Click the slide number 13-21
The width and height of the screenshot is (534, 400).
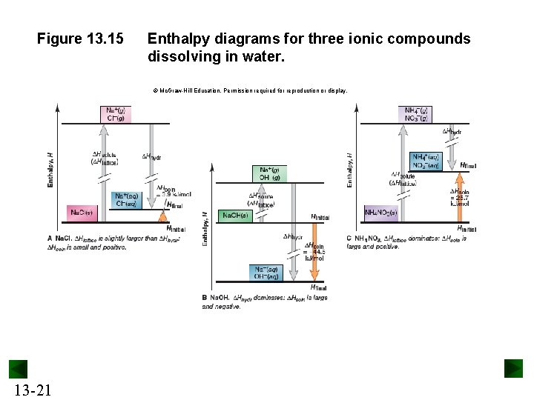[x=32, y=389]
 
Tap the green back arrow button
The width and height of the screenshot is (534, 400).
[x=18, y=370]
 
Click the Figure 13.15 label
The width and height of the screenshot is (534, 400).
[x=80, y=39]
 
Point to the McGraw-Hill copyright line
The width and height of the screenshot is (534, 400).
[x=250, y=90]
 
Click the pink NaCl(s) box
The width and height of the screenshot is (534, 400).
[x=82, y=213]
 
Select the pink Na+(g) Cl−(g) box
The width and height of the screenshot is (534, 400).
[x=116, y=113]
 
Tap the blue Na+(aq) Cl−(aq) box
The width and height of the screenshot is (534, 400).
[x=126, y=200]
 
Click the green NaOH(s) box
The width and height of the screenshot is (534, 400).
[x=236, y=216]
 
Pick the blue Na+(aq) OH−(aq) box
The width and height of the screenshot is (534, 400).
[x=267, y=273]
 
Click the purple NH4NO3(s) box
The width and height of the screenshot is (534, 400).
[x=381, y=213]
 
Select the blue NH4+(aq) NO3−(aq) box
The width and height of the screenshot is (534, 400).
[x=426, y=161]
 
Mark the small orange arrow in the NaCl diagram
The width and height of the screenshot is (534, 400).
[x=165, y=216]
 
